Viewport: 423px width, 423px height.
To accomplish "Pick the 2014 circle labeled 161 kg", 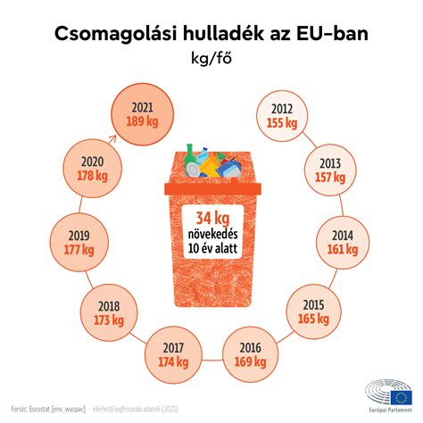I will tap(344, 244).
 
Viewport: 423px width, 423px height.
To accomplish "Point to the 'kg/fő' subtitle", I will tap(211, 60).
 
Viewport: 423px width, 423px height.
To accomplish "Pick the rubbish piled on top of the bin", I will tap(211, 162).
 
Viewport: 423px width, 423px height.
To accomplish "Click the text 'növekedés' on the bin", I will tap(211, 235).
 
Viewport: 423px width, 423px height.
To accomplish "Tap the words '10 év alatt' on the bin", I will tap(211, 249).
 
